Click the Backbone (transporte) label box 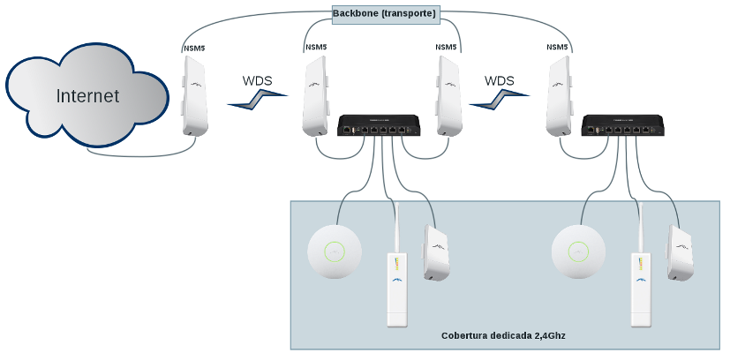point(384,14)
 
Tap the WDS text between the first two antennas point(258,80)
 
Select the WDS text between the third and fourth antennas point(500,80)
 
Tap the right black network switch point(622,125)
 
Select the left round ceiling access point point(335,252)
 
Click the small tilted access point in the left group point(435,253)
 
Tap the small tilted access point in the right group point(679,253)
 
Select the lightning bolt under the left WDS point(253,101)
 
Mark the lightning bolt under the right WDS point(494,101)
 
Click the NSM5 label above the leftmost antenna point(194,47)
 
